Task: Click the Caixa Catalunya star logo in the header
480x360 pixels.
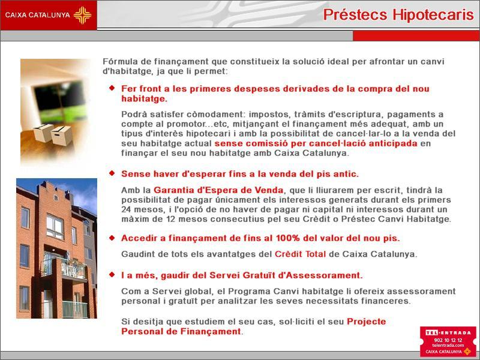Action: point(82,15)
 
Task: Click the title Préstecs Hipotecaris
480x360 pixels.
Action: point(398,14)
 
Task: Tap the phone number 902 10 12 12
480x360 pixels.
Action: point(448,340)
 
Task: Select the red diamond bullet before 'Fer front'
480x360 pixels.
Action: point(112,88)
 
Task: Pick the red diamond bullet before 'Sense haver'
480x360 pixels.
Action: point(112,173)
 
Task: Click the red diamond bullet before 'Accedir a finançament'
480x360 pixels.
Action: point(112,238)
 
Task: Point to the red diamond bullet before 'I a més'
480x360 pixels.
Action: point(112,275)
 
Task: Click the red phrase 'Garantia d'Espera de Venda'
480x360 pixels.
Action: point(218,190)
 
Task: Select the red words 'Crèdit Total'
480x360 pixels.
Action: point(300,254)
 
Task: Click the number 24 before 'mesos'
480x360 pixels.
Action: point(126,209)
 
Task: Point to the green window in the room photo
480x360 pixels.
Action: point(59,101)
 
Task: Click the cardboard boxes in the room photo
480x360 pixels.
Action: point(53,134)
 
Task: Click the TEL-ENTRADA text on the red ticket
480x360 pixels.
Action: point(448,333)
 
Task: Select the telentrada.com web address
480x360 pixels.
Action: point(448,346)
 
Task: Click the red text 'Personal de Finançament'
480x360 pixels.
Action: point(181,331)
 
